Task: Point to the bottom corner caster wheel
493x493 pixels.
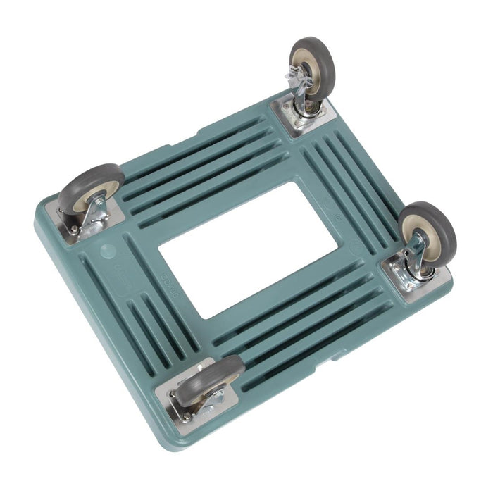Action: click(207, 380)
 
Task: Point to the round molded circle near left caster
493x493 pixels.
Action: click(108, 250)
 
